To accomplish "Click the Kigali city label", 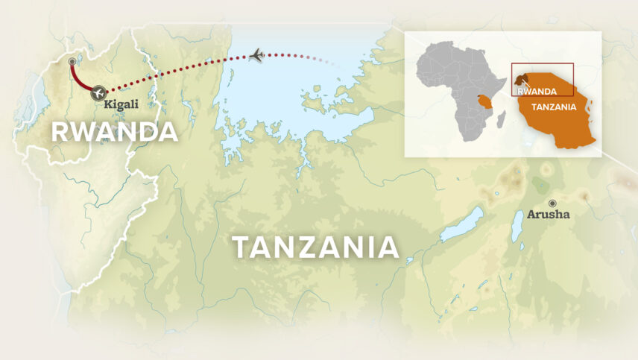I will tap(121, 104).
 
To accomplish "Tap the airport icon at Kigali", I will tap(98, 93).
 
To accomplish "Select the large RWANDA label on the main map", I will tap(114, 132).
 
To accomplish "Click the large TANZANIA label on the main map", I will tap(315, 247).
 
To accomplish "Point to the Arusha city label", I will tap(549, 215).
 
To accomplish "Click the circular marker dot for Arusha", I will tap(552, 203).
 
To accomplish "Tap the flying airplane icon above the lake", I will tap(256, 55).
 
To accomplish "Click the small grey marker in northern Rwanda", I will tap(72, 61).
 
